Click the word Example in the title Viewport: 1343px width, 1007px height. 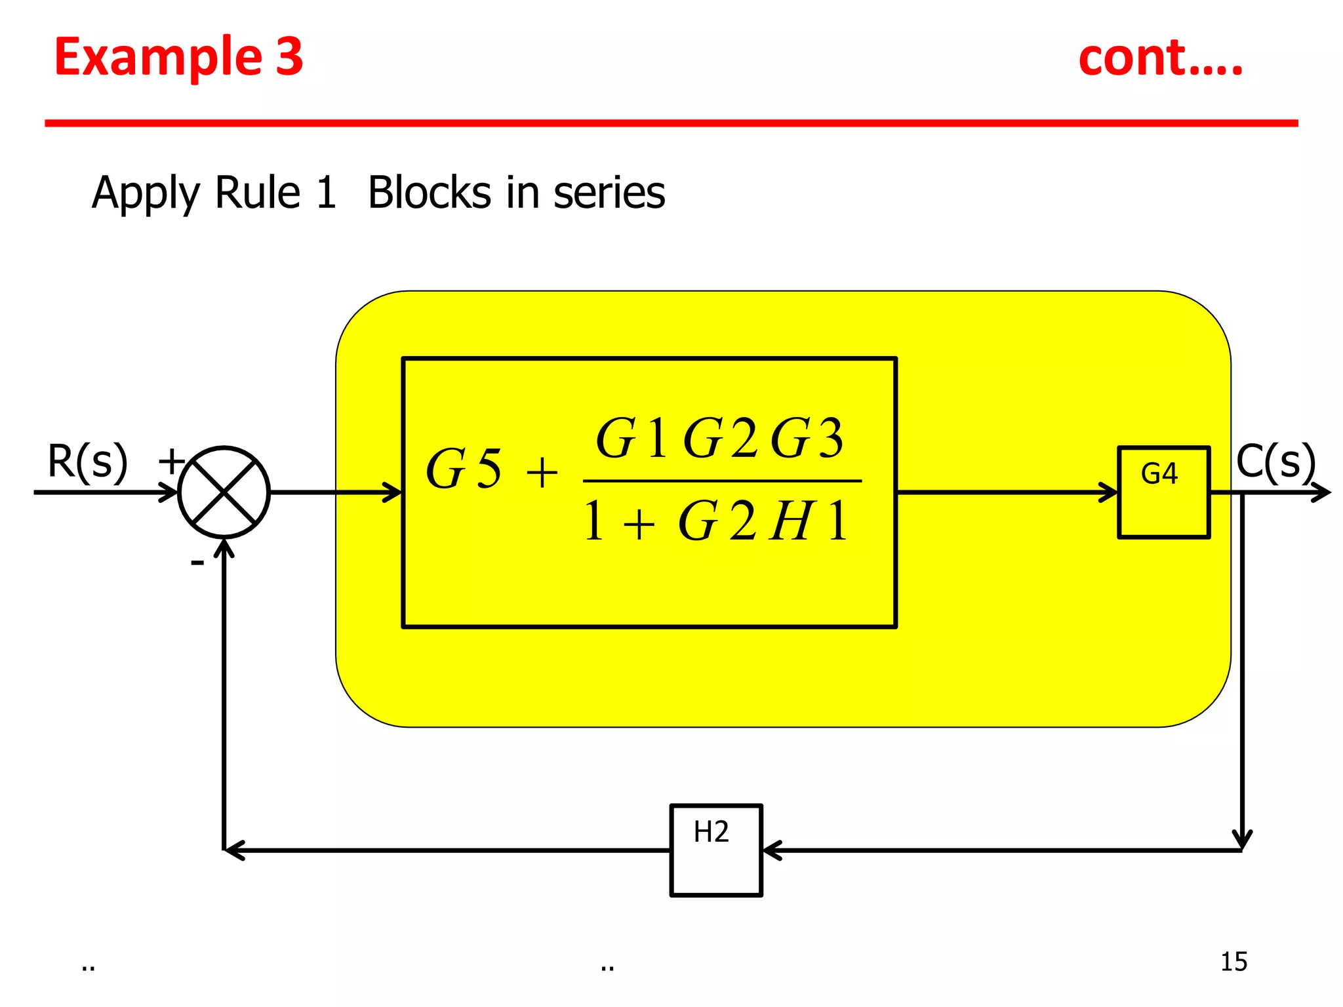pyautogui.click(x=157, y=58)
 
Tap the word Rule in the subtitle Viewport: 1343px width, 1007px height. pyautogui.click(x=257, y=193)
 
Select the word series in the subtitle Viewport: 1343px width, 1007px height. pyautogui.click(x=609, y=193)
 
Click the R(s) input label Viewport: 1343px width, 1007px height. pyautogui.click(x=87, y=462)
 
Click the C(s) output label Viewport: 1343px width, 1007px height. pyautogui.click(x=1275, y=462)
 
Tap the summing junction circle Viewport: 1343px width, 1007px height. pyautogui.click(x=224, y=492)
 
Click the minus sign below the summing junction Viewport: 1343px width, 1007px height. pyautogui.click(x=197, y=563)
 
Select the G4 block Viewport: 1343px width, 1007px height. pyautogui.click(x=1163, y=492)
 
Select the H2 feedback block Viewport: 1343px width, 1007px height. pyautogui.click(x=716, y=850)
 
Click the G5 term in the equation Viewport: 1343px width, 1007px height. pyautogui.click(x=464, y=469)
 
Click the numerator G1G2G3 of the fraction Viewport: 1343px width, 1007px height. pyautogui.click(x=719, y=438)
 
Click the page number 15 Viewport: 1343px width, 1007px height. pyautogui.click(x=1233, y=962)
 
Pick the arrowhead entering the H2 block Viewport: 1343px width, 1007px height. pyautogui.click(x=771, y=850)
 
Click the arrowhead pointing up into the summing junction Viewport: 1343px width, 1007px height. pyautogui.click(x=224, y=548)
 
